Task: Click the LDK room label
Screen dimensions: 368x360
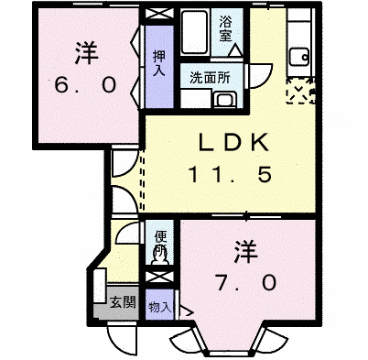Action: [233, 142]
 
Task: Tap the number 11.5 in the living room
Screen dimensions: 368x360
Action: [230, 175]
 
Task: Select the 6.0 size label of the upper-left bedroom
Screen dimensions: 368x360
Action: [85, 84]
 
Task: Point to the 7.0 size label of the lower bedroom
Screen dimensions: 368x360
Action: [245, 283]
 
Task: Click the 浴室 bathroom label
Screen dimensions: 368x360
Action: [225, 28]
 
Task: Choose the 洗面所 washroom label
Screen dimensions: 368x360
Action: [210, 78]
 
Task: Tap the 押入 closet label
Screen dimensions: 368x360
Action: [159, 63]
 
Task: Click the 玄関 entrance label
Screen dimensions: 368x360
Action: [123, 302]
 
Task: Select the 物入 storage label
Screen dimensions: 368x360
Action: [160, 307]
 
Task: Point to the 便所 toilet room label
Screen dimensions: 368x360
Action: [160, 244]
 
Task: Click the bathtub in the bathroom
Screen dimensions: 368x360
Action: [194, 32]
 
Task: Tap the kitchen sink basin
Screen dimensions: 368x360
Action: [299, 57]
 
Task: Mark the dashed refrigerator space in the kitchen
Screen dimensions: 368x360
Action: [300, 91]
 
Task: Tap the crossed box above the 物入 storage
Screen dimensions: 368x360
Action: [160, 278]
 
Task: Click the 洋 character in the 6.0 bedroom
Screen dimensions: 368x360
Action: [87, 52]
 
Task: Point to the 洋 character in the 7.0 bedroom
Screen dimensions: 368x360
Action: [246, 252]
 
